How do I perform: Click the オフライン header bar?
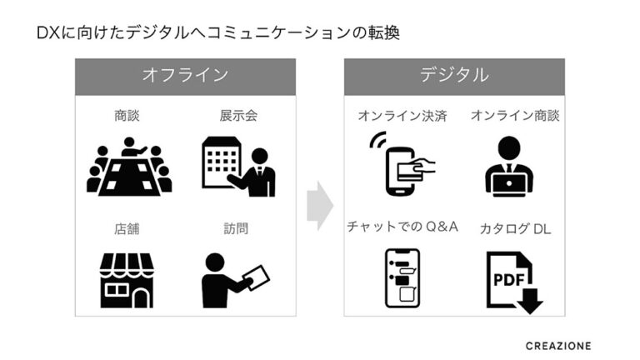(x=185, y=75)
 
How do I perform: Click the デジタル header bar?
(x=454, y=75)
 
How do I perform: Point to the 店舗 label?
(x=127, y=227)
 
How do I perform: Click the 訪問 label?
(x=236, y=227)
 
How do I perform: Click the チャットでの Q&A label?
(x=402, y=227)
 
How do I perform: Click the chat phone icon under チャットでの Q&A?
(x=401, y=277)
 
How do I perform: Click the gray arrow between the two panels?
(x=319, y=204)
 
